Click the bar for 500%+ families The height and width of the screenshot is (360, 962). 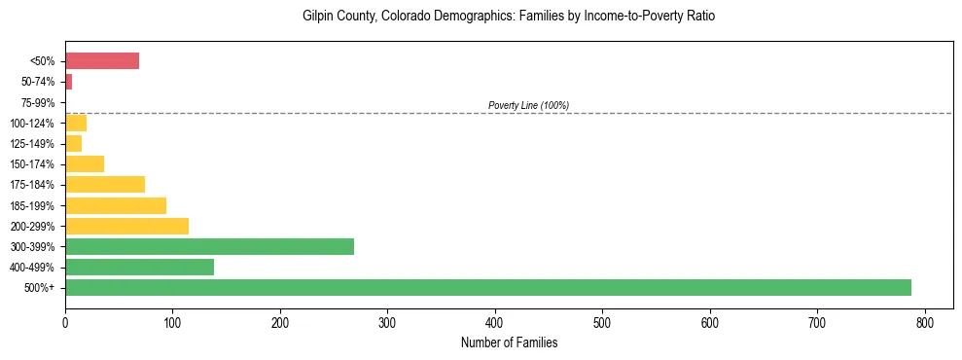point(487,287)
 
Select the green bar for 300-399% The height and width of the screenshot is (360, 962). point(209,246)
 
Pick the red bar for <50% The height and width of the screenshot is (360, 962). point(102,61)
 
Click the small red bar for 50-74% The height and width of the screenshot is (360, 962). point(68,82)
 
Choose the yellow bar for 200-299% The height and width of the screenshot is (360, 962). point(126,226)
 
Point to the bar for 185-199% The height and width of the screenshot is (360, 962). point(116,205)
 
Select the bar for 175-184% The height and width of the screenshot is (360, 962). point(105,185)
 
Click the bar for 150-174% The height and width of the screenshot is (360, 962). point(85,164)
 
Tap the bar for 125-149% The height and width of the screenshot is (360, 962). point(73,144)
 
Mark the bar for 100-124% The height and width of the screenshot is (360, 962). point(76,123)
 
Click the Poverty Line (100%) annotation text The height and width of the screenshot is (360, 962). point(528,105)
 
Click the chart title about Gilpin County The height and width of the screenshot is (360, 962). point(509,17)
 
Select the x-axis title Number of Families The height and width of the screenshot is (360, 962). point(509,342)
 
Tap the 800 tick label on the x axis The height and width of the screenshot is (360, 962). point(925,321)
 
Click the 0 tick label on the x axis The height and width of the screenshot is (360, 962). point(65,321)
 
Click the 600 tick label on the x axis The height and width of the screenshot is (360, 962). point(710,321)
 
